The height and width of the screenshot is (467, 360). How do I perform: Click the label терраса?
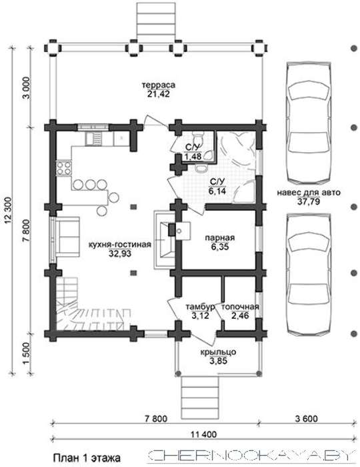coord(159,85)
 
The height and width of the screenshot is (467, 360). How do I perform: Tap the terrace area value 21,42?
coord(158,94)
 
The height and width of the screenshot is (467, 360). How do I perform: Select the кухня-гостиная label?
coord(120,245)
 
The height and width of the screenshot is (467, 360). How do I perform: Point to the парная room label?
coord(220,238)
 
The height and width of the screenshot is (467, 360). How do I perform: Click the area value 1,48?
coord(193,155)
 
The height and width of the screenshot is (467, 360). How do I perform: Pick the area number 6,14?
coord(217,191)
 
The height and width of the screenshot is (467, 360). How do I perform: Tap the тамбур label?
coord(200,307)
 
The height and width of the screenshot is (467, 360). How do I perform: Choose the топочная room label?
coord(241,307)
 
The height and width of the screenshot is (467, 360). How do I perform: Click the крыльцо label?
coord(218,352)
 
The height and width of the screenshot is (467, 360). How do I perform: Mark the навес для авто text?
coord(309,193)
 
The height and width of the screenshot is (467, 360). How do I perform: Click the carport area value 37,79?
coord(309,201)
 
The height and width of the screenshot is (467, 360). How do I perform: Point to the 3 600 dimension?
coord(307,419)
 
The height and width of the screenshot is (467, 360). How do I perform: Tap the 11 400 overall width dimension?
coord(203,434)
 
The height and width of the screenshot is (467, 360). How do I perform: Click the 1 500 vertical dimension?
coord(27,353)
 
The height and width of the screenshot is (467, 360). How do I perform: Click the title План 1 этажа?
coord(87,458)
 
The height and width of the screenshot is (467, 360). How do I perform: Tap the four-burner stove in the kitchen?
coord(64,168)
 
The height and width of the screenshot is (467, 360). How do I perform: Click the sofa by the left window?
coord(68,236)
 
